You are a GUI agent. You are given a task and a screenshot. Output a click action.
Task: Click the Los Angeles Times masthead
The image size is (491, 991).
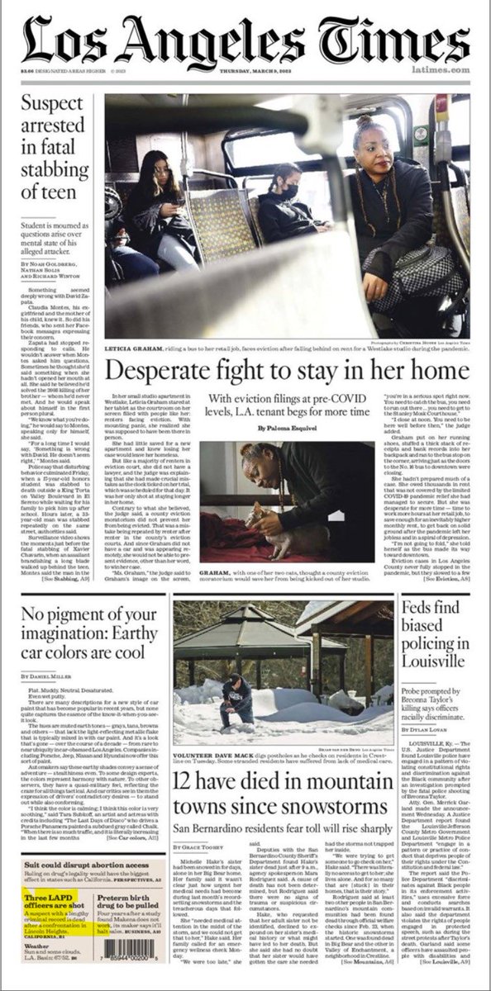point(245,39)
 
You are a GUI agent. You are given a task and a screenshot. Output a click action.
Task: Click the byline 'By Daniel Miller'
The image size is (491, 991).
point(50,676)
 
